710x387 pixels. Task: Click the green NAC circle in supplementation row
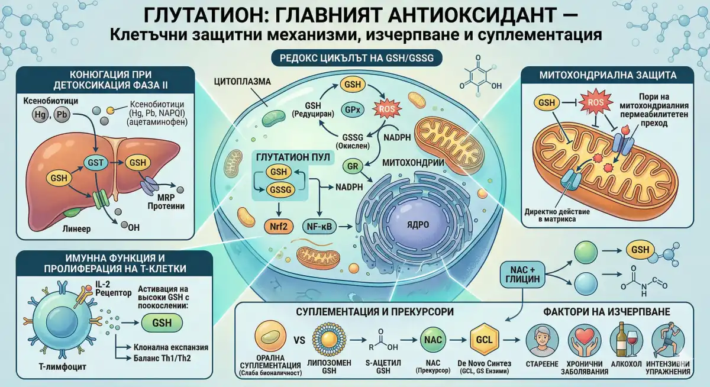[x=430, y=340]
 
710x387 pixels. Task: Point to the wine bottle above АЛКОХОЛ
[x=621, y=338]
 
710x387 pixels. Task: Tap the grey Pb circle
[x=62, y=115]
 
